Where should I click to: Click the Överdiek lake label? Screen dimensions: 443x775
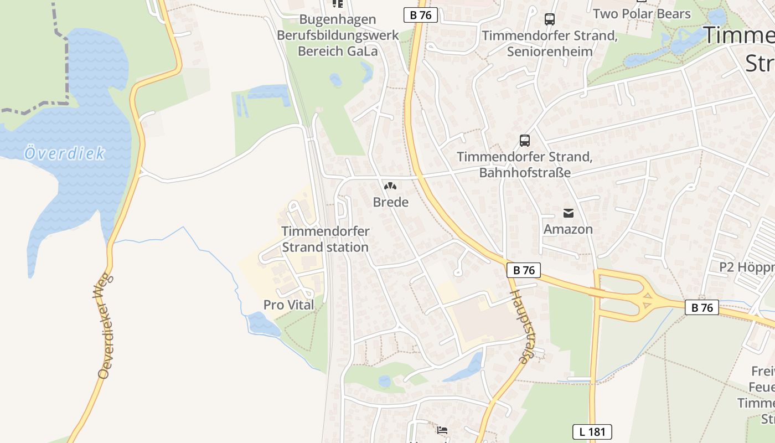point(64,153)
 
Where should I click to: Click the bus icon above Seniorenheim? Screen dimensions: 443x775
point(549,19)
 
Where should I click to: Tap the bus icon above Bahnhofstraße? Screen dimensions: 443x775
point(524,141)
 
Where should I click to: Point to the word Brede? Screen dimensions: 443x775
point(391,202)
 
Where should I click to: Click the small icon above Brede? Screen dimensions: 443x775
point(390,187)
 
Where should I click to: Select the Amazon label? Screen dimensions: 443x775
point(568,229)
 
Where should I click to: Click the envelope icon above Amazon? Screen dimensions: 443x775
point(568,213)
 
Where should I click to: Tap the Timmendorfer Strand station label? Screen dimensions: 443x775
point(325,239)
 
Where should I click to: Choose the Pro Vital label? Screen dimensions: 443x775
point(288,305)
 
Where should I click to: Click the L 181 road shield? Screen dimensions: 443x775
point(592,432)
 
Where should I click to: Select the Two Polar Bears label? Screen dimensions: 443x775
point(642,14)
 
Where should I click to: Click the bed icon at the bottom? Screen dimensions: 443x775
point(442,430)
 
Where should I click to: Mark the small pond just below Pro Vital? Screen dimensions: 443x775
point(263,324)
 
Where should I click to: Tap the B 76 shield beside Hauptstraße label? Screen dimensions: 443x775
point(523,270)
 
